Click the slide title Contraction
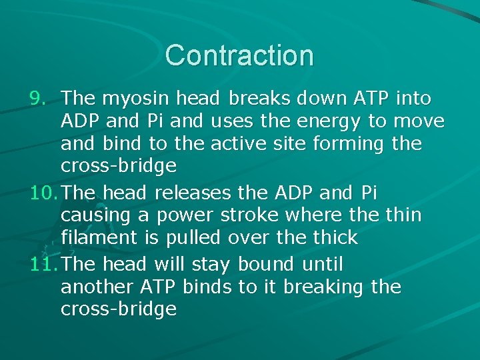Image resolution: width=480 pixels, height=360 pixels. click(239, 55)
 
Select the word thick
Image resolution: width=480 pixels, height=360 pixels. click(335, 237)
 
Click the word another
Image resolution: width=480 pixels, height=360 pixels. click(97, 287)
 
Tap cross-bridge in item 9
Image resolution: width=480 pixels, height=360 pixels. click(118, 166)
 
